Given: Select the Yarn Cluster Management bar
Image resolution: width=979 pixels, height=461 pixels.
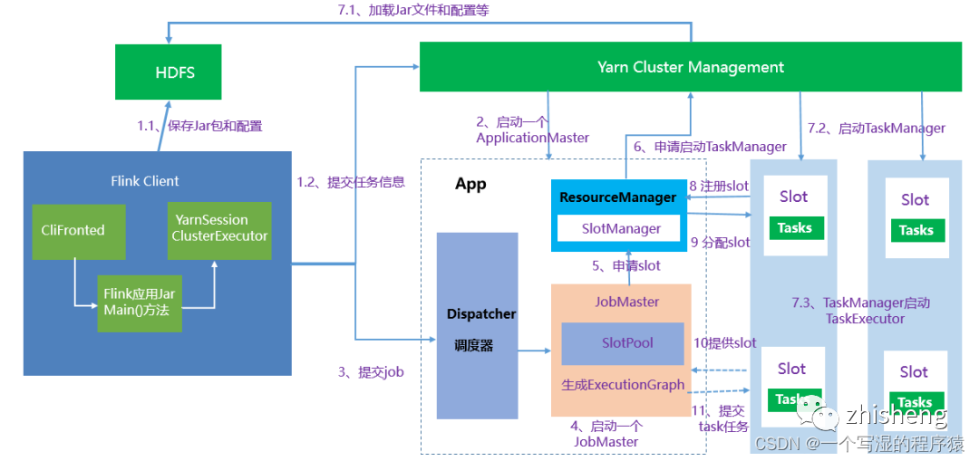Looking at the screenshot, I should (x=690, y=67).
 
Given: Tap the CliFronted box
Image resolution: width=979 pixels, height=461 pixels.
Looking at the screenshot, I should (x=73, y=230).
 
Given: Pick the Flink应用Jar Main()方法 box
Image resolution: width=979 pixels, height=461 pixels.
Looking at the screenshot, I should (x=138, y=303).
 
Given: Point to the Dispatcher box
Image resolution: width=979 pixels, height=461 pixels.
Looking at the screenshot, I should (x=478, y=325).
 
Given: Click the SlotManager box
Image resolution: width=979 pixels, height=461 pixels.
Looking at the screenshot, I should (x=620, y=229).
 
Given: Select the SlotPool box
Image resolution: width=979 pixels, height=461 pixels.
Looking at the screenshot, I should (x=622, y=343).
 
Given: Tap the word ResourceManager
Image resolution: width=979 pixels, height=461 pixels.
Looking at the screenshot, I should (x=618, y=197).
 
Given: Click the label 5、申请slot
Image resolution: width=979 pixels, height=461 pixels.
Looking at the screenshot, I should (x=625, y=266).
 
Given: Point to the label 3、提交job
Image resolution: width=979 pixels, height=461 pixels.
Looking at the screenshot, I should (x=370, y=371).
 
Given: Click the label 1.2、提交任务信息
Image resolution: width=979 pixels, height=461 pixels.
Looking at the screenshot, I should (x=351, y=182).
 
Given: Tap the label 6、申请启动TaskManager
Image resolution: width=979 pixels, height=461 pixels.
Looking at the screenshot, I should (x=710, y=146).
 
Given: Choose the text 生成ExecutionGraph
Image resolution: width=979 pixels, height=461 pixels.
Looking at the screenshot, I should (x=623, y=384).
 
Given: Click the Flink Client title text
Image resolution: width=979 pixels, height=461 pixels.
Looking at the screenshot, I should (x=145, y=180).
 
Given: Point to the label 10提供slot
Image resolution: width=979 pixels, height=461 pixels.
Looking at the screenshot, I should (x=724, y=342).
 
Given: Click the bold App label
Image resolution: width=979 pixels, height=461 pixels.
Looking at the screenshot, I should (x=470, y=185).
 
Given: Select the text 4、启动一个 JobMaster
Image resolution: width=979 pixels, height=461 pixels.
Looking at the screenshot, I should (x=606, y=434).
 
